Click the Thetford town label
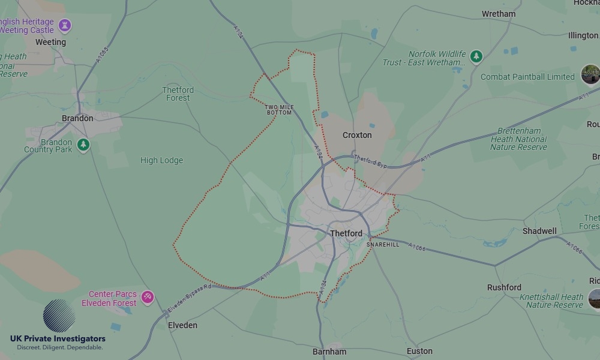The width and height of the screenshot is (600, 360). tap(346, 233)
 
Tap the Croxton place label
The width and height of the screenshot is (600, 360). tap(357, 135)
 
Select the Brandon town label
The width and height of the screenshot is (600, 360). tap(77, 118)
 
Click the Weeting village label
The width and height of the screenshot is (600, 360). tap(50, 43)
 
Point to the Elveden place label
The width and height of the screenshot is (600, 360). tap(182, 325)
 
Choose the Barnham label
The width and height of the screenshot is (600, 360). tap(329, 352)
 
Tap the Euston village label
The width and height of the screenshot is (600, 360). tap(419, 351)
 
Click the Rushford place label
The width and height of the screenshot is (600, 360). tap(504, 287)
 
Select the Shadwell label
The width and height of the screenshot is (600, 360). tap(539, 231)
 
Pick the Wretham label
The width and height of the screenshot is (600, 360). tap(499, 14)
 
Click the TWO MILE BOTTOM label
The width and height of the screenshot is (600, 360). tap(279, 110)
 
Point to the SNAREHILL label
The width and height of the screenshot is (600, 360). tap(383, 245)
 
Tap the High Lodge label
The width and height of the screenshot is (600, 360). tap(161, 160)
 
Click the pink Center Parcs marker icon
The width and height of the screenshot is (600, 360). tap(147, 296)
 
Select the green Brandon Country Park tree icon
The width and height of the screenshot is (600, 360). tap(83, 145)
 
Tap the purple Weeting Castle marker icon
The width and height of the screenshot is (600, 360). tap(65, 25)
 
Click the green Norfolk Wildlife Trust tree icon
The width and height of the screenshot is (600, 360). tap(476, 56)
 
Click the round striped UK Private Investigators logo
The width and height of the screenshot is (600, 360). tap(59, 316)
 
